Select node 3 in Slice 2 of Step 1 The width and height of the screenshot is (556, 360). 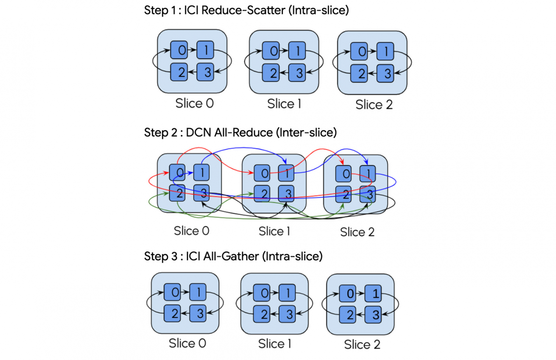[x=385, y=73]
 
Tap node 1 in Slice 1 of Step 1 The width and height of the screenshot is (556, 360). [x=297, y=51]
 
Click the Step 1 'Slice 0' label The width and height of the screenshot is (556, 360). [x=194, y=103]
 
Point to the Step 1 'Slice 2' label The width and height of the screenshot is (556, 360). [x=374, y=105]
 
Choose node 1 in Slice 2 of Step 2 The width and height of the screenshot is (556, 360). [x=367, y=174]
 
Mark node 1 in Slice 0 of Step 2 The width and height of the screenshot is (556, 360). [x=201, y=173]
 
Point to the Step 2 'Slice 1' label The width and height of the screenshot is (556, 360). [x=274, y=231]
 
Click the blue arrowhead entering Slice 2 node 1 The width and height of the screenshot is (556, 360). [x=366, y=162]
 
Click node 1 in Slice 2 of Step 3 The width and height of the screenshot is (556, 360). [x=373, y=293]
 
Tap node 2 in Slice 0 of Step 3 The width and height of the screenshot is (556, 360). [x=172, y=313]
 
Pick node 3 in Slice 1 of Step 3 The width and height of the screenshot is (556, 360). [x=287, y=314]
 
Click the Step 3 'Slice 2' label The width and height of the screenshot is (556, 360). [x=362, y=345]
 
